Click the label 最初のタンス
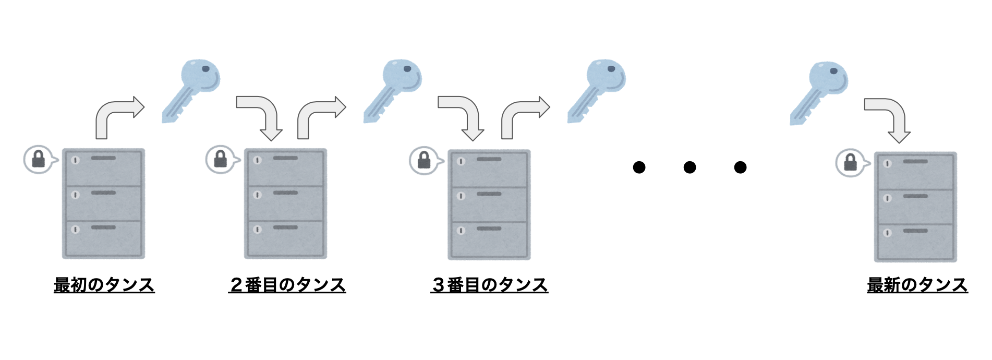104,285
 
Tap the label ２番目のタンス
287,285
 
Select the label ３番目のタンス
489,285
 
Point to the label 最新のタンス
917,285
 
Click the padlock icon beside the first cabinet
39,159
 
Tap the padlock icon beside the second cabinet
221,159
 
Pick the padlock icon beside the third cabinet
424,160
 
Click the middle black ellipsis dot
689,167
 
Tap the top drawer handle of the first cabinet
103,158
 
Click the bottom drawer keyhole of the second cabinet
257,229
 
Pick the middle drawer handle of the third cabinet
489,194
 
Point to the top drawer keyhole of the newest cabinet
887,163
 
